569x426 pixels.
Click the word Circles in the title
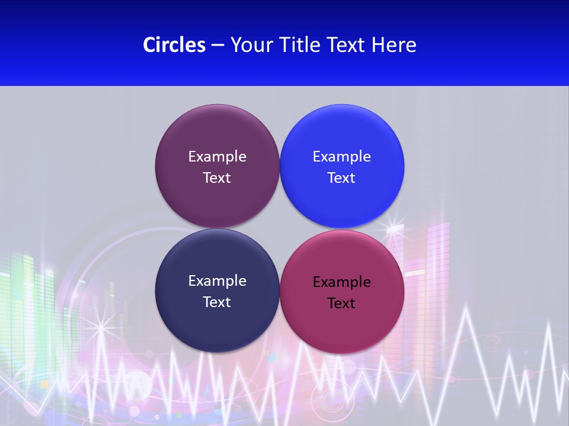coord(174,45)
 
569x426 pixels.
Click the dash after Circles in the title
coord(218,46)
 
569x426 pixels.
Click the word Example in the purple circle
coord(217,157)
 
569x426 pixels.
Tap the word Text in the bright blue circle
coord(341,178)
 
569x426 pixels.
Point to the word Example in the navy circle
coord(217,281)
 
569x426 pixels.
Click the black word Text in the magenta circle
coord(341,304)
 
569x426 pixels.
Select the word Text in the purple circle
coord(217,178)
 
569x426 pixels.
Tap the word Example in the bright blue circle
coord(341,157)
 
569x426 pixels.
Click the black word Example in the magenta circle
coord(341,282)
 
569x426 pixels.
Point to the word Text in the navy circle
coord(217,302)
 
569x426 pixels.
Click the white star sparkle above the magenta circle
coord(394,225)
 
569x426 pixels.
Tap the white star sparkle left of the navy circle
coord(100,324)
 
